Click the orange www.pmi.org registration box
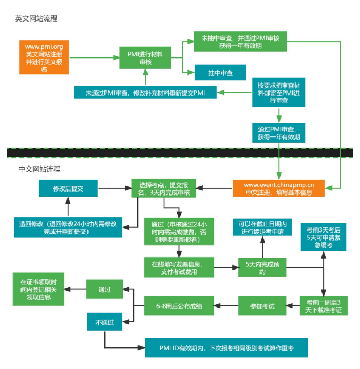point(44,57)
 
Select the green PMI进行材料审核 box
point(145,57)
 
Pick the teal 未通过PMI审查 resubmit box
point(145,93)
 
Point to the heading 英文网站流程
point(36,19)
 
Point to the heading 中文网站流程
point(39,169)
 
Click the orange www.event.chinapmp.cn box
point(279,188)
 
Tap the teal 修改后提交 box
point(68,188)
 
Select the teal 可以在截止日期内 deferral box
point(262,227)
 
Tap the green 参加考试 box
point(262,306)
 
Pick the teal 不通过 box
point(104,322)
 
